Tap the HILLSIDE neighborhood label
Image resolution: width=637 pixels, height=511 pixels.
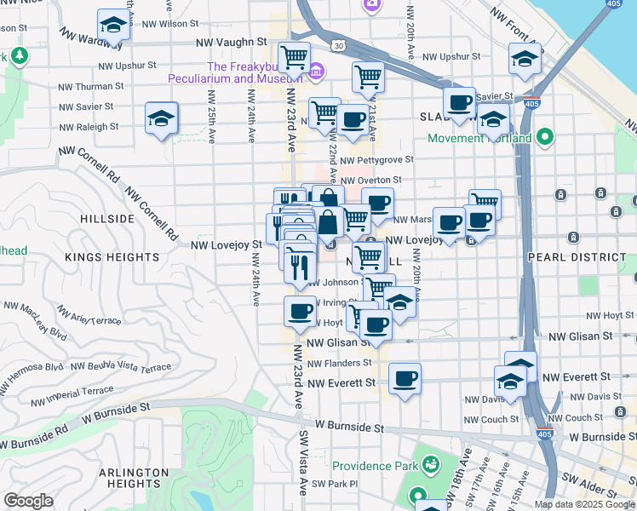[107, 219]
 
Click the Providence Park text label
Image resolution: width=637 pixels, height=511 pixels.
[375, 466]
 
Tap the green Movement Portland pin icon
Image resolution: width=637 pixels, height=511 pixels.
[546, 138]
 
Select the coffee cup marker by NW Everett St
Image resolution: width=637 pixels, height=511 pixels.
[405, 377]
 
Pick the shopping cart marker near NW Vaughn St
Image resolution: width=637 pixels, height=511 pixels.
[294, 57]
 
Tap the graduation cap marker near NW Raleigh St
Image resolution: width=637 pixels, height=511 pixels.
[161, 119]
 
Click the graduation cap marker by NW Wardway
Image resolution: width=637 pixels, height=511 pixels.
[112, 26]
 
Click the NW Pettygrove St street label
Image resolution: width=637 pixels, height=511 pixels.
[376, 159]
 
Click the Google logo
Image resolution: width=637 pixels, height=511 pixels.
[29, 501]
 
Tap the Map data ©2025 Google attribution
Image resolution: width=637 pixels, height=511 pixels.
[584, 504]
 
